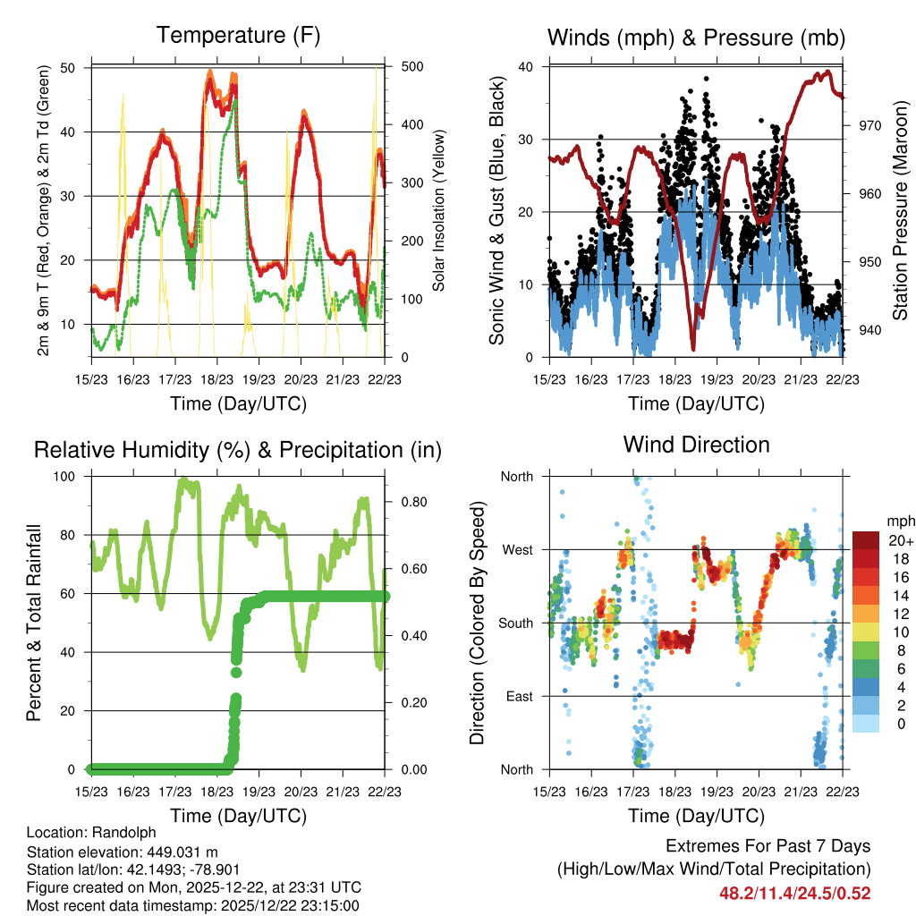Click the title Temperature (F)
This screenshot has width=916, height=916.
[x=237, y=36]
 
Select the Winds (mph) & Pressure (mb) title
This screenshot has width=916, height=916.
[x=696, y=38]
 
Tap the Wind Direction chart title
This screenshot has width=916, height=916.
[x=696, y=445]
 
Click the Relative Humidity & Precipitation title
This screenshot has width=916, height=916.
[x=237, y=450]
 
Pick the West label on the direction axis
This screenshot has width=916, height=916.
[x=516, y=549]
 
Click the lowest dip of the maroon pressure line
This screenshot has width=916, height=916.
[x=692, y=349]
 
